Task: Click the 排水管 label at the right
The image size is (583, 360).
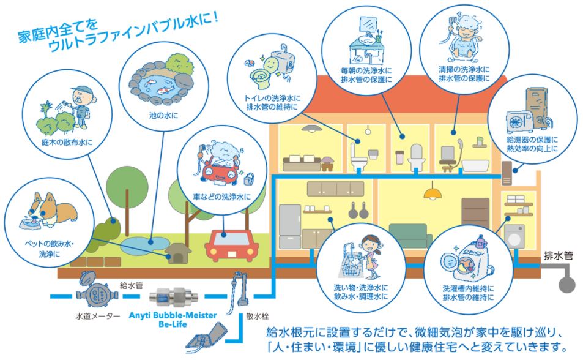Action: click(x=558, y=257)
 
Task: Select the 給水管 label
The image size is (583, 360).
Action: click(x=130, y=285)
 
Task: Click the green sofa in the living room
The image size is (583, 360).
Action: click(x=407, y=234)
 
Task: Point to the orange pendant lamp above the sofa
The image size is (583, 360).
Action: click(x=433, y=194)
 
